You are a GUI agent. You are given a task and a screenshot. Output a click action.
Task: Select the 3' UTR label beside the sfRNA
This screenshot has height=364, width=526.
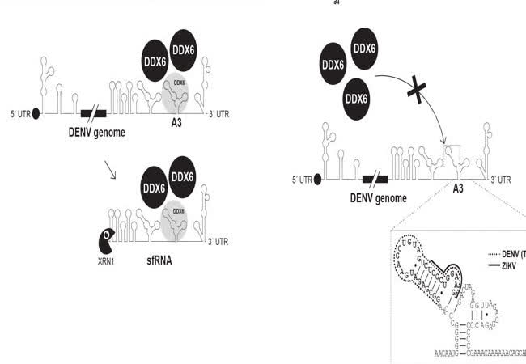(x=219, y=242)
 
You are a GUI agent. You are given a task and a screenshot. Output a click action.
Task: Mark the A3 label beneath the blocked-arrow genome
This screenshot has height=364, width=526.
(x=457, y=191)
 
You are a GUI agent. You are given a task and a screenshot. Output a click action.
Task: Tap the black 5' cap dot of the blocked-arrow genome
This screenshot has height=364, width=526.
(x=318, y=179)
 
